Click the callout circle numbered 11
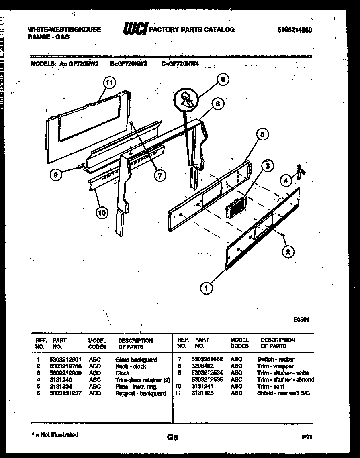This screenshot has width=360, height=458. coord(108,83)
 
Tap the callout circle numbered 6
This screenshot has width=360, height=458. coord(222,79)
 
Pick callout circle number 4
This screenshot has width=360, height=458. coord(286,181)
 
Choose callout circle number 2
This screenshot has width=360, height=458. coord(288,252)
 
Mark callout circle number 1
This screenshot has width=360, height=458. coord(207,287)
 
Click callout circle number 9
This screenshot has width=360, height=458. coord(56,175)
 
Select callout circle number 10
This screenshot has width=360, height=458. coord(102,212)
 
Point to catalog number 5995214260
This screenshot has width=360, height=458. coord(295,30)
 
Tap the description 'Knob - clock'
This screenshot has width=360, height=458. coord(131,366)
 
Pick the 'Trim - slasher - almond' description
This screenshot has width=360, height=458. coord(285,380)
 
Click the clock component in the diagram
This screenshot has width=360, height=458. coord(236,208)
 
